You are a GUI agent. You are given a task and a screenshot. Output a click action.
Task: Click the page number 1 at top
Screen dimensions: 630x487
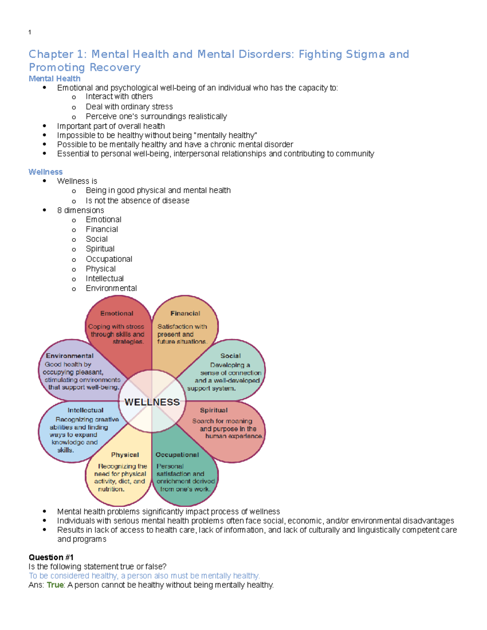tap(30, 32)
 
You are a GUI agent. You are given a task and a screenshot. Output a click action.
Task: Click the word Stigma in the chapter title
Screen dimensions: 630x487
tap(365, 54)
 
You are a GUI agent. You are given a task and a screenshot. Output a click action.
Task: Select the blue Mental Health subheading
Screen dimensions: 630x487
tap(54, 79)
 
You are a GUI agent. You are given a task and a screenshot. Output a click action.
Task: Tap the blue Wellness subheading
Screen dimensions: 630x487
tap(45, 172)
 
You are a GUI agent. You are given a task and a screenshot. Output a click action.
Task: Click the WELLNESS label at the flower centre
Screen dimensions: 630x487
tap(152, 402)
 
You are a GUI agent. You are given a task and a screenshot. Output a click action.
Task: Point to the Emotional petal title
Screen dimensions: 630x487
tap(117, 314)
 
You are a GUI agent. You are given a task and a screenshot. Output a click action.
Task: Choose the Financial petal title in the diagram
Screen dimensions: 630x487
tap(185, 314)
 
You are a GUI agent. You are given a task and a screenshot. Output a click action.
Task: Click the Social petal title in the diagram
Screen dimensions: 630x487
tap(231, 356)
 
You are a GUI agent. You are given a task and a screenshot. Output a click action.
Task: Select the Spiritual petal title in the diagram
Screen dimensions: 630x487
tap(213, 411)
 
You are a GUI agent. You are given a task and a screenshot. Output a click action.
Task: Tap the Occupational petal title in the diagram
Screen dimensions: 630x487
tap(177, 455)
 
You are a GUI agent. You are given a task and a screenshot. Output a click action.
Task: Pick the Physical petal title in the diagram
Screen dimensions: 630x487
tap(125, 455)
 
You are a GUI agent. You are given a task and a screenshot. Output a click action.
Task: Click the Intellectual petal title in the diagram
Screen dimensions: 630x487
tap(85, 411)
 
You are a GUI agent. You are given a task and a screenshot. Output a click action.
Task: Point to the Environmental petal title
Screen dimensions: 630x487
tap(70, 356)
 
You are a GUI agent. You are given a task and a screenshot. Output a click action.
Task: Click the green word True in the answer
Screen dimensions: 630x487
tap(55, 585)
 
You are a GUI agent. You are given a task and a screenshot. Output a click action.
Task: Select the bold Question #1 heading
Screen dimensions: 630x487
tap(51, 557)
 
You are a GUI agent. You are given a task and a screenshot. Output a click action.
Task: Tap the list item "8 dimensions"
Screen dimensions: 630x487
tap(81, 210)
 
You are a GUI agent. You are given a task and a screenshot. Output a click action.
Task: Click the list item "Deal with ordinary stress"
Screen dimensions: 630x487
tap(129, 107)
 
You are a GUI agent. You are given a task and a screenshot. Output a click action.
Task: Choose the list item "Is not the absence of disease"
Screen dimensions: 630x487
tap(137, 201)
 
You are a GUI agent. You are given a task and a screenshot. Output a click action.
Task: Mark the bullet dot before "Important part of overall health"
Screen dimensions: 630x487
tap(44, 126)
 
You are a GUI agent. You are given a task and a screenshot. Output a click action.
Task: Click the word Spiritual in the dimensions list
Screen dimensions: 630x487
tap(100, 249)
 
